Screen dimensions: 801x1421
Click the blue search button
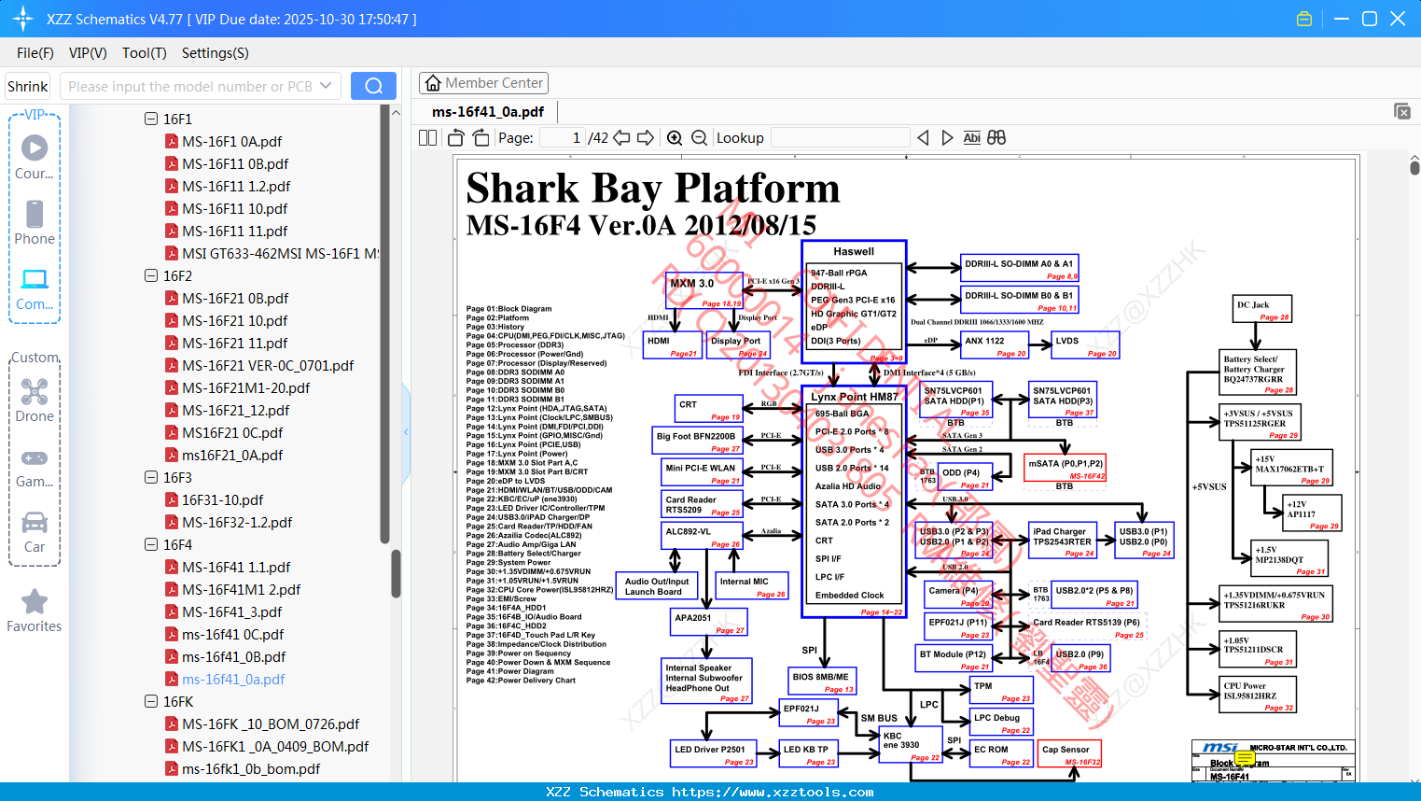click(373, 86)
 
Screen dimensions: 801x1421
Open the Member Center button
click(483, 83)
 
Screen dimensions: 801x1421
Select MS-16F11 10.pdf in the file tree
click(234, 208)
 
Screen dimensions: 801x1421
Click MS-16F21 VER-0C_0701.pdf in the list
click(268, 365)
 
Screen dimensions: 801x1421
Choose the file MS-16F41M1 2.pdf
click(241, 589)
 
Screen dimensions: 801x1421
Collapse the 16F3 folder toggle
click(151, 477)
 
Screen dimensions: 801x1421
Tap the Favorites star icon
click(35, 602)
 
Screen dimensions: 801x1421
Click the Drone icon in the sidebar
click(35, 392)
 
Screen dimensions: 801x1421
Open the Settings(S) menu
click(215, 53)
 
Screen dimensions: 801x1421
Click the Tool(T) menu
click(144, 53)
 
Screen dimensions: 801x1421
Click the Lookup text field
click(840, 138)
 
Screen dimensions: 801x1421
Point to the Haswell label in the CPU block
click(854, 251)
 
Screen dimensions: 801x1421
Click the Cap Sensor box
click(1070, 753)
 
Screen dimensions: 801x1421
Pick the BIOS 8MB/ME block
click(822, 681)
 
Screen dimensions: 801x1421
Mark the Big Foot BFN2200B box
click(697, 441)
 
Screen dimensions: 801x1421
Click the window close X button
click(1398, 19)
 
